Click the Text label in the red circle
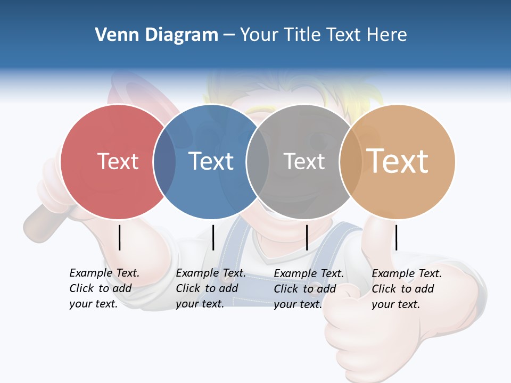point(118,161)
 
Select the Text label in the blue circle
point(211,161)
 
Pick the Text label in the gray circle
point(304,161)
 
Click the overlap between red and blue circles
point(164,161)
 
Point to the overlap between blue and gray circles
point(258,161)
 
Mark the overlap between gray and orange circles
point(350,161)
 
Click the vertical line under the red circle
point(119,237)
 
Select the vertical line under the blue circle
point(213,237)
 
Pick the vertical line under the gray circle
point(307,237)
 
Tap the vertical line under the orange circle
point(396,237)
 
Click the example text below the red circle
point(104,288)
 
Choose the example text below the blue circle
point(210,288)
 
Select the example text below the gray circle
point(308,289)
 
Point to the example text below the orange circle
point(406,289)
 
